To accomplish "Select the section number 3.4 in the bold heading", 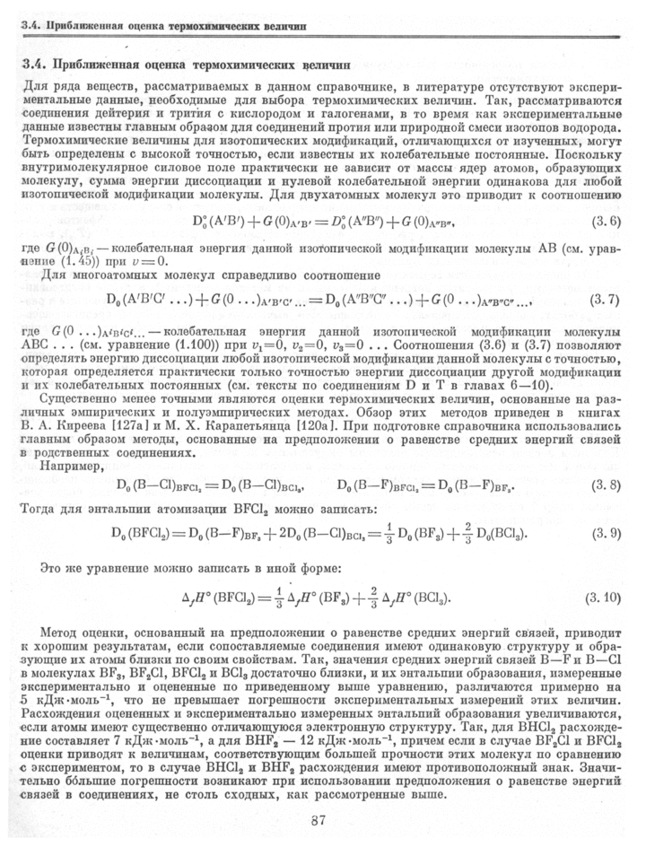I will point(33,65).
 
